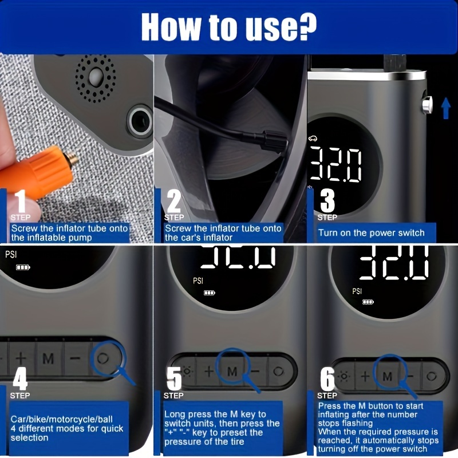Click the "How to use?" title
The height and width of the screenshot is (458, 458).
tap(228, 27)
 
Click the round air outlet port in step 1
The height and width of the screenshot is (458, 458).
tap(140, 121)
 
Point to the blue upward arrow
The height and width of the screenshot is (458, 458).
tap(445, 108)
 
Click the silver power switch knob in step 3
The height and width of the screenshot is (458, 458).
tap(427, 105)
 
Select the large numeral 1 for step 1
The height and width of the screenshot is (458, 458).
tap(21, 201)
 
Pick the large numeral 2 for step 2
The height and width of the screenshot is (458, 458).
tap(173, 201)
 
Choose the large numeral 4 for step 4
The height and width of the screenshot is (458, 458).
tap(21, 378)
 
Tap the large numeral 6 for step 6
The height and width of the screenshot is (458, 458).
tap(327, 378)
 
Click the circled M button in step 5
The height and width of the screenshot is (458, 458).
tap(232, 372)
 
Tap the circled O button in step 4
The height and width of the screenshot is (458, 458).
tap(103, 358)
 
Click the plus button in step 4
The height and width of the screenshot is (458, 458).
tap(21, 358)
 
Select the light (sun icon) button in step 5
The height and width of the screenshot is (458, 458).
tap(187, 372)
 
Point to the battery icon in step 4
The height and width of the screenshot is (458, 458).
tap(23, 267)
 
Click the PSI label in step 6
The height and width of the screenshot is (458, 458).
tap(357, 291)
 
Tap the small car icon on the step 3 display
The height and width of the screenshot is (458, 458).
tap(313, 139)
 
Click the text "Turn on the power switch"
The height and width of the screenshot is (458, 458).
tap(371, 233)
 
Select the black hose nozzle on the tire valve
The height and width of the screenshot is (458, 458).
tap(273, 141)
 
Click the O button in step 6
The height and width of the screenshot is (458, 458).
tap(432, 376)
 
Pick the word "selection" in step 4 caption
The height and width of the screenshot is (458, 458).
tap(30, 438)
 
